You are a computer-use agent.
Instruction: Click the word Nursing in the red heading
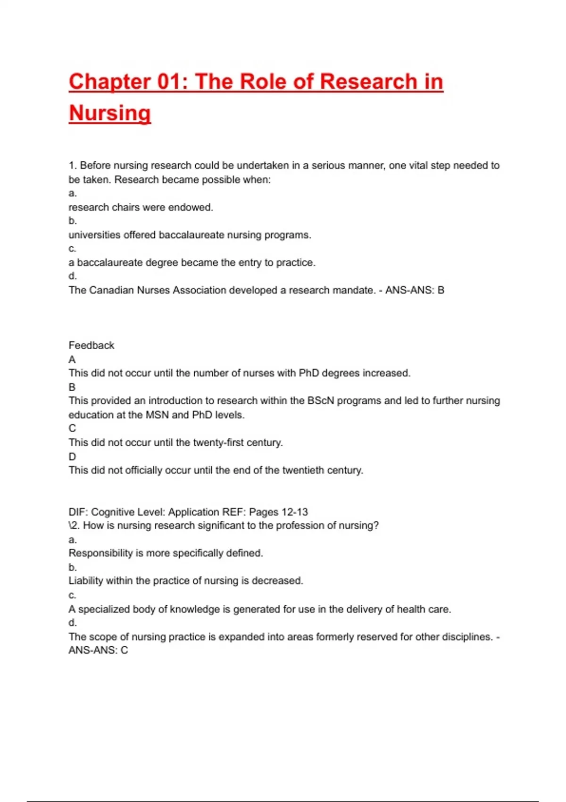110,113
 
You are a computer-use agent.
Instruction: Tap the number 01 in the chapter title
169,82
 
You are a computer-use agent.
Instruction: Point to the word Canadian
111,290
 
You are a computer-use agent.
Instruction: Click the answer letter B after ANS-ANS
441,290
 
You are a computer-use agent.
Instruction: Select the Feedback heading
92,345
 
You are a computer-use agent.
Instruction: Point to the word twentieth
303,470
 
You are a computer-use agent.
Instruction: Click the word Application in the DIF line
194,512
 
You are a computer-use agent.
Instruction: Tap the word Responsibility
100,553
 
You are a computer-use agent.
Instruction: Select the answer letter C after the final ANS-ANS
124,650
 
